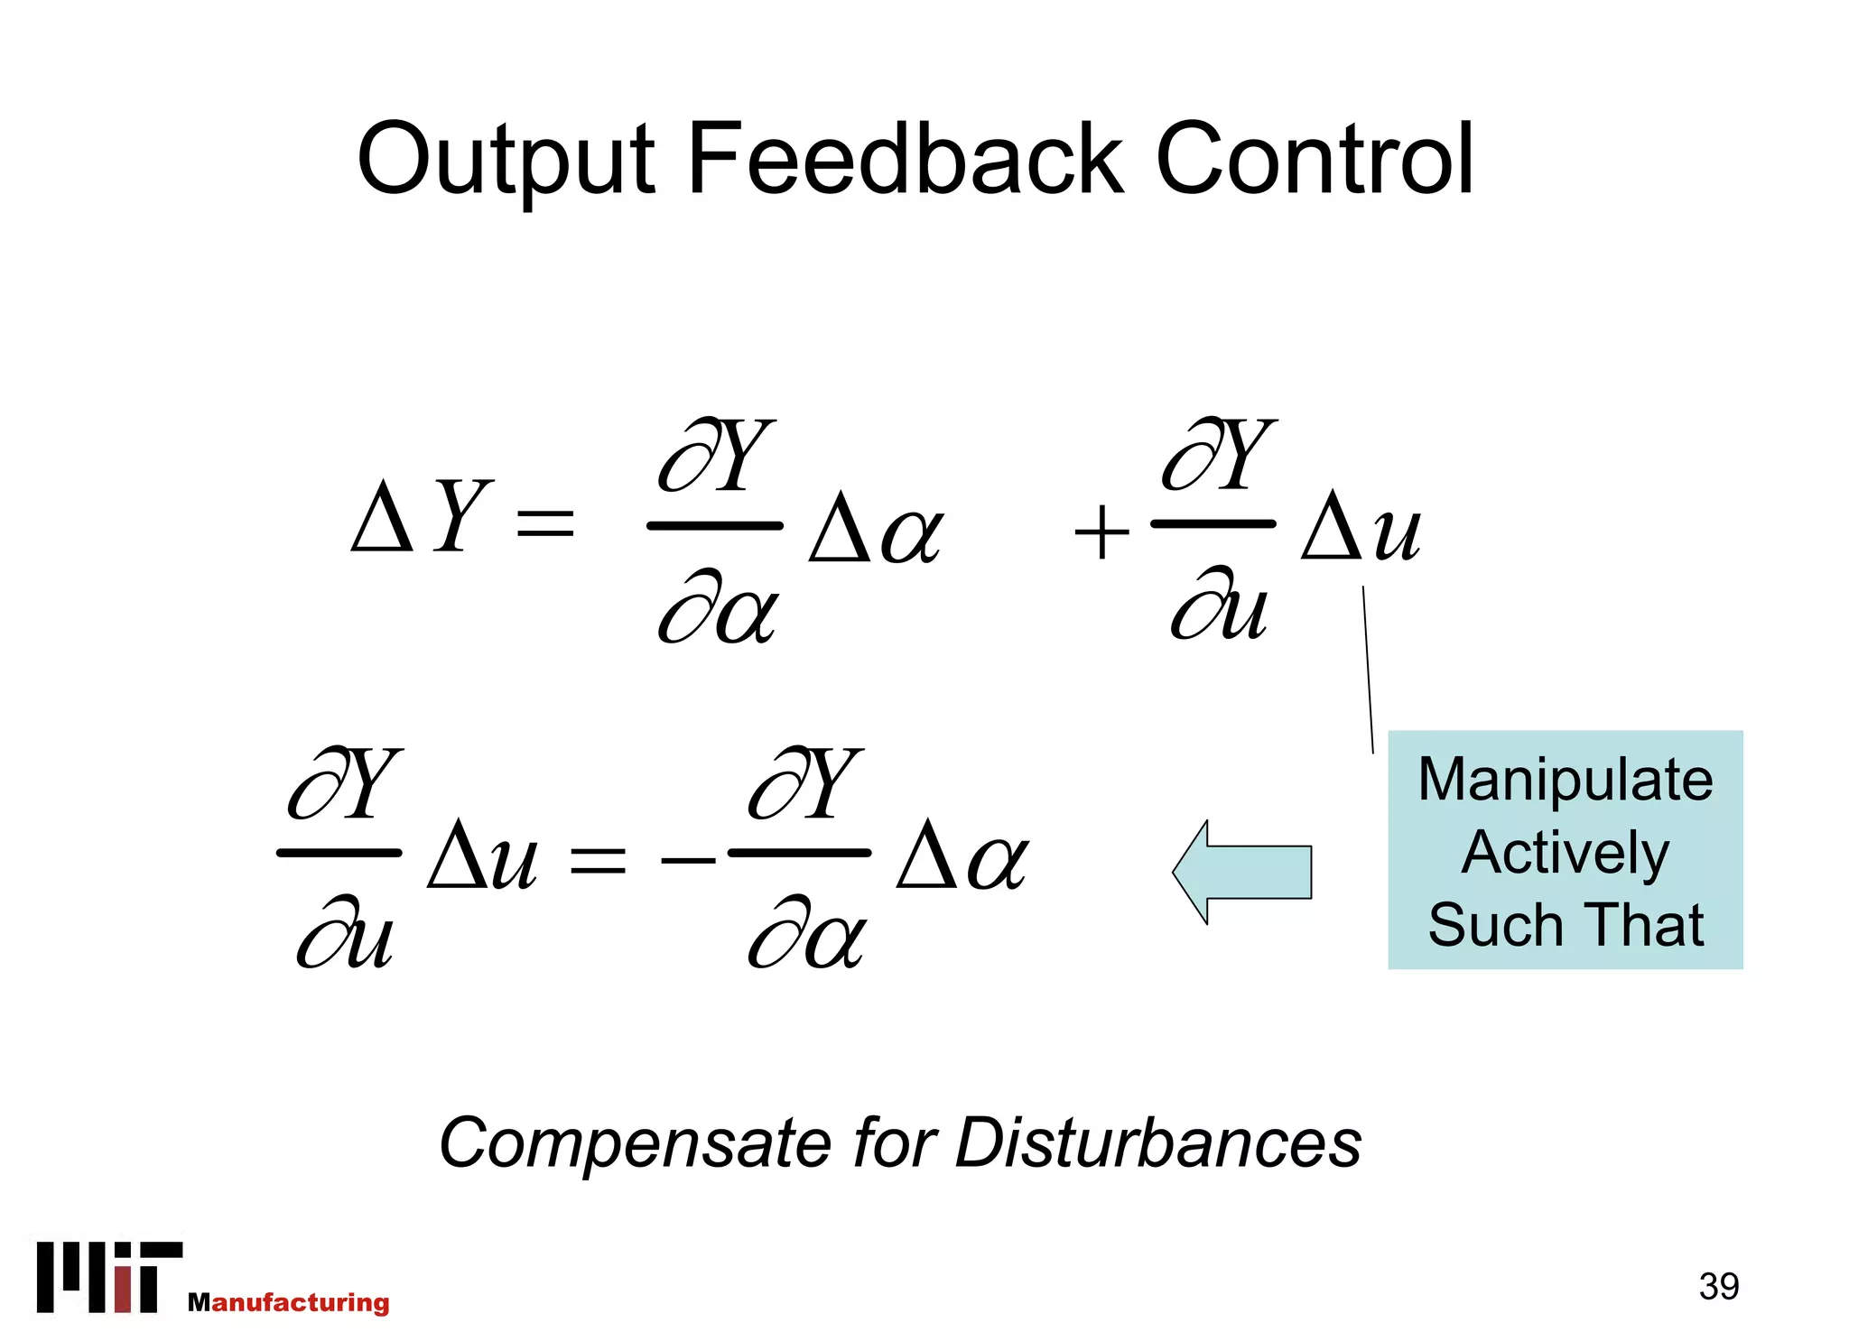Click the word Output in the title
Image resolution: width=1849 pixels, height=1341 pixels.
coord(506,161)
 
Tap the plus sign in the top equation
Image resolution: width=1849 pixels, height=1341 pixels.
coord(1101,532)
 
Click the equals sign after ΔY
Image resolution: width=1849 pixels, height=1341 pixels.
coord(544,523)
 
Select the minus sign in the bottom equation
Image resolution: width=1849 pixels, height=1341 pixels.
coord(688,860)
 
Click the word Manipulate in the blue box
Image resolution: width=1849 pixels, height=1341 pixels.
coord(1565,780)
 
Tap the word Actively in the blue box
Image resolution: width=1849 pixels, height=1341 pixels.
coord(1565,854)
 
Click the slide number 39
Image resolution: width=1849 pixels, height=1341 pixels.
coord(1718,1286)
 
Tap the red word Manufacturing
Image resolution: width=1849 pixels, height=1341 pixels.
coord(289,1302)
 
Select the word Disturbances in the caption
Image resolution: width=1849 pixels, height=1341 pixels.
coord(1157,1142)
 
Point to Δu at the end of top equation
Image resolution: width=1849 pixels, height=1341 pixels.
coord(1361,527)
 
